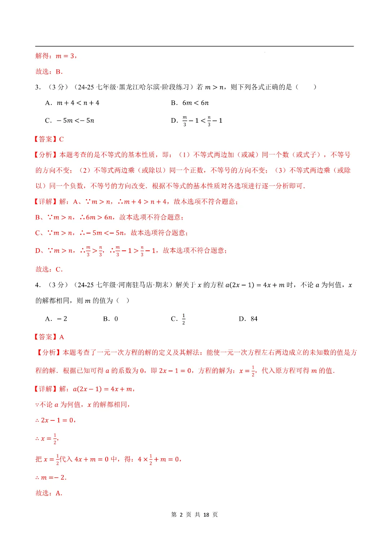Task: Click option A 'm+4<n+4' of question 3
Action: tap(72, 103)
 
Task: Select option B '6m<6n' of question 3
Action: tap(190, 103)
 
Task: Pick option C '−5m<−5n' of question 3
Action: tap(70, 121)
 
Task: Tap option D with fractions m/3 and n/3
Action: tap(197, 121)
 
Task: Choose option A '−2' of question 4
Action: tap(56, 319)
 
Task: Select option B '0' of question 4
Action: tap(111, 319)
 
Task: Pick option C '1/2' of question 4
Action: tap(178, 319)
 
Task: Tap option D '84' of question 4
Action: tap(248, 319)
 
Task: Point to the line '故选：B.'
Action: tap(49, 71)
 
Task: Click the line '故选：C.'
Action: tap(49, 269)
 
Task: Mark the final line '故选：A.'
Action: tap(49, 493)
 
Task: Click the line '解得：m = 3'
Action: tap(56, 56)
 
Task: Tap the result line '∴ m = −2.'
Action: tap(51, 477)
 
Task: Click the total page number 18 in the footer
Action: tap(206, 515)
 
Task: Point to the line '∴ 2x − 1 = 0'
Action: tap(55, 420)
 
